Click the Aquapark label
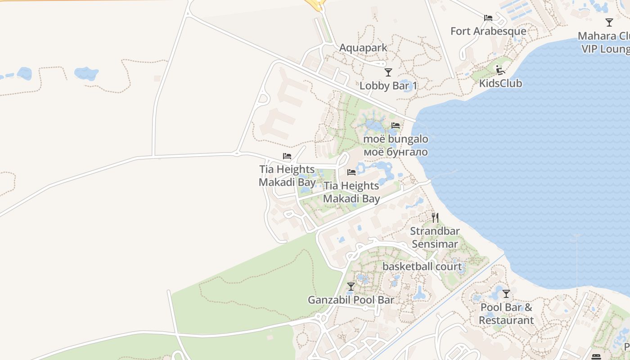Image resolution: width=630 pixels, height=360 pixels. [x=363, y=48]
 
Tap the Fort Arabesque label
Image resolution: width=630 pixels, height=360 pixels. [x=488, y=31]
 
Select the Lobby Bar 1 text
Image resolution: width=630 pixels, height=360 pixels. [x=388, y=85]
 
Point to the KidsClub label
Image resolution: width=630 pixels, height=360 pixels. [x=500, y=83]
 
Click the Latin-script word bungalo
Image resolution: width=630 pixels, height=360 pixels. [x=408, y=139]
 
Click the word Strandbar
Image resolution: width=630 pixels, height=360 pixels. [x=435, y=231]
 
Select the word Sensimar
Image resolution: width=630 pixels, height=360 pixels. [x=435, y=244]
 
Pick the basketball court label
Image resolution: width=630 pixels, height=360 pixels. [x=422, y=266]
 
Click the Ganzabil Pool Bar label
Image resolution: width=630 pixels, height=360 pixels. [x=351, y=300]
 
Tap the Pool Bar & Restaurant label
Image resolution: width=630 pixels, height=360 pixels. [x=506, y=314]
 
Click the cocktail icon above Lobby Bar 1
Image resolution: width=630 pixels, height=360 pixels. [x=388, y=72]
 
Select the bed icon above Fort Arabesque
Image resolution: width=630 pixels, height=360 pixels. [x=488, y=18]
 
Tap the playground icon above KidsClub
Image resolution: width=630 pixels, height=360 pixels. [x=500, y=70]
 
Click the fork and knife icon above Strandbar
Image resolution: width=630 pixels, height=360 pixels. [x=435, y=218]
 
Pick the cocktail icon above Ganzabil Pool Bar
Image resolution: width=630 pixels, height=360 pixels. [x=351, y=286]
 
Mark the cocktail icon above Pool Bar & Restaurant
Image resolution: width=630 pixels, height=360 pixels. [x=506, y=294]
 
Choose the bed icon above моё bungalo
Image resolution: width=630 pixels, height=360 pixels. [x=396, y=126]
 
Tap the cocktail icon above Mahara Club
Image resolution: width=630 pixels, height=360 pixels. [x=609, y=22]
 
